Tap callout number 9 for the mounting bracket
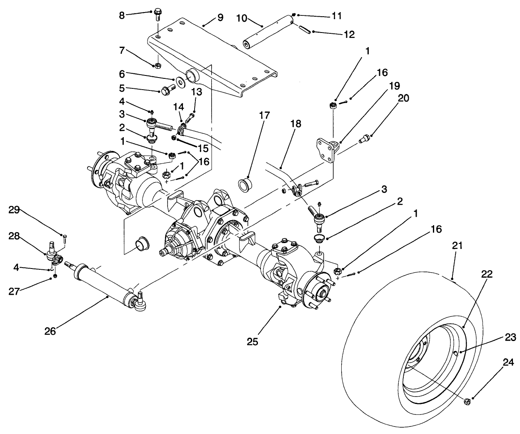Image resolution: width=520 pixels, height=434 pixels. pos(220,18)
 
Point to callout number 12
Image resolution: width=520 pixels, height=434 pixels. pos(349,35)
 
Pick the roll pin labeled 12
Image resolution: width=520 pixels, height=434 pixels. pos(304,29)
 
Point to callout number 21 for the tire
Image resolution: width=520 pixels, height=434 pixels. pos(457,247)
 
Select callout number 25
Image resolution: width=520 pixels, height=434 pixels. pos(252,341)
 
